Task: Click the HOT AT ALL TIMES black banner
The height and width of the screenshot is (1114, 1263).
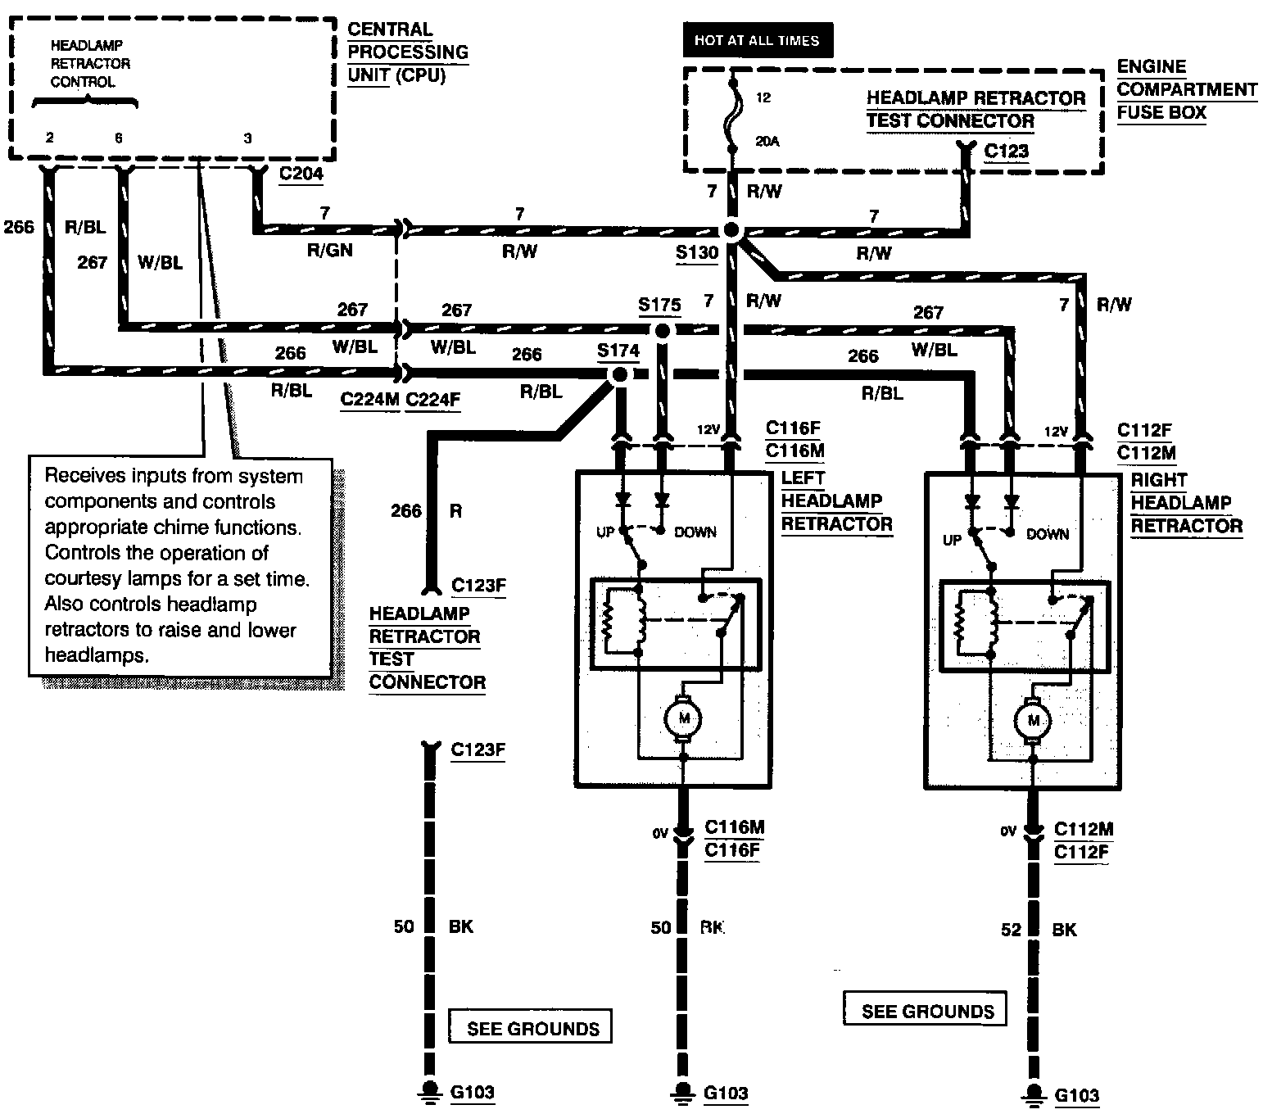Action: click(758, 40)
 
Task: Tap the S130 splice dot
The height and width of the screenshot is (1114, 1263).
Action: click(732, 230)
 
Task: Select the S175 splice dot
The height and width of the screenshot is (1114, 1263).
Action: click(663, 330)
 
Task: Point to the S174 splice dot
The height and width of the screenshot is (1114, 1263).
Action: click(620, 374)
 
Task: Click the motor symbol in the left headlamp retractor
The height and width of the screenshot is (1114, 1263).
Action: click(683, 718)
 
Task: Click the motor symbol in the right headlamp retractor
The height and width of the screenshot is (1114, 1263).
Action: click(1033, 721)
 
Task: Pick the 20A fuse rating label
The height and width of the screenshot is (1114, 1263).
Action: click(767, 142)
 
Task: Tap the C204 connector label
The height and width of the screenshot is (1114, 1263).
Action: click(301, 174)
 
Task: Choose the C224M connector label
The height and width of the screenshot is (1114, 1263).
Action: click(369, 399)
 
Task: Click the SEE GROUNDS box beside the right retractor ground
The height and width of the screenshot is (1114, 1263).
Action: click(925, 1008)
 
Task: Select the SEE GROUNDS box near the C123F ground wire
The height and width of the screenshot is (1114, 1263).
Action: click(530, 1026)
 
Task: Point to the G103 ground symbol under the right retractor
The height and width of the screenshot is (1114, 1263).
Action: click(1034, 1094)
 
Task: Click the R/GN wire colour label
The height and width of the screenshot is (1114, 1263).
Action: click(330, 250)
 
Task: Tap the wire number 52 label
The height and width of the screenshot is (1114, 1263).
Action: click(1012, 930)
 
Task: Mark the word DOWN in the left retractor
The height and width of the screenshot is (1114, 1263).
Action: click(695, 532)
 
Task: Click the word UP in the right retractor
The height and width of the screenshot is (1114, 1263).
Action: click(952, 540)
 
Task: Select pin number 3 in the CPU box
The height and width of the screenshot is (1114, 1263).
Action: click(247, 138)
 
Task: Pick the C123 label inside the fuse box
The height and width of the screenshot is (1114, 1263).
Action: click(1006, 151)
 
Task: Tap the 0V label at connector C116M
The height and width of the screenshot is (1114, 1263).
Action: click(660, 834)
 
